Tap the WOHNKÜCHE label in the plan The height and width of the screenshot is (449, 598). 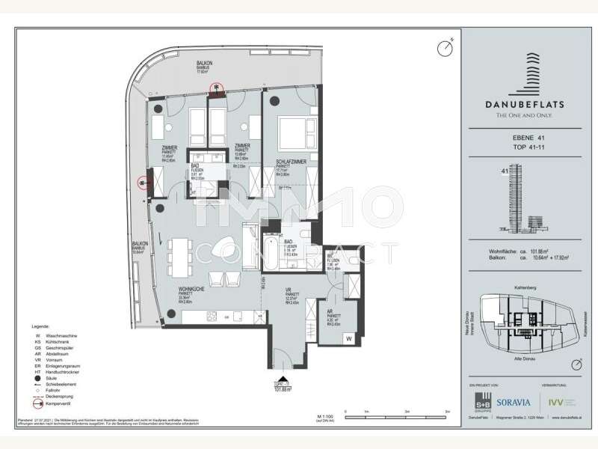tap(192, 289)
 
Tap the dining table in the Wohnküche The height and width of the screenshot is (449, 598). tap(182, 257)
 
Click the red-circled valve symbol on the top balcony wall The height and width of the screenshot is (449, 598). tap(217, 89)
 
